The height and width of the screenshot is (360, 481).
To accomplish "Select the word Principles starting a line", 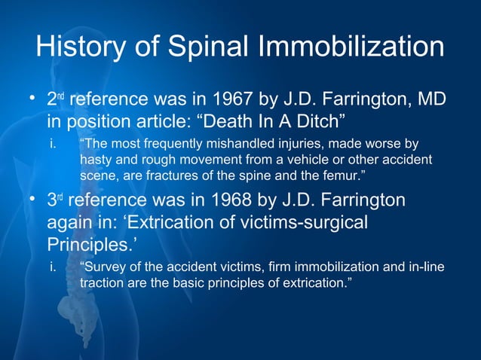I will (84, 246).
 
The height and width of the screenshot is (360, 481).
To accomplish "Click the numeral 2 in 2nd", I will (51, 100).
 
